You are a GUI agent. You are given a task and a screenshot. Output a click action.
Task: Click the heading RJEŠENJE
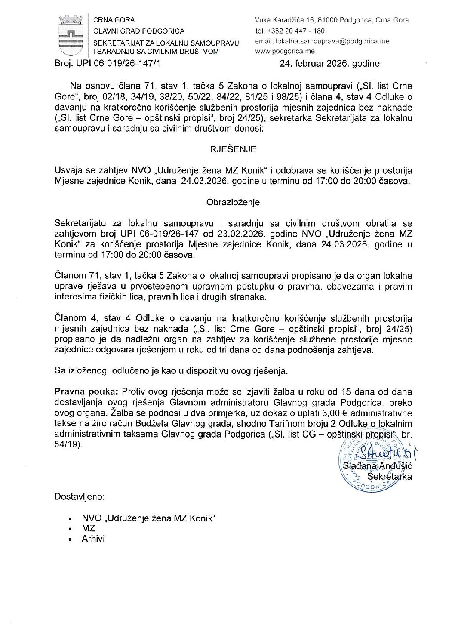[233, 149]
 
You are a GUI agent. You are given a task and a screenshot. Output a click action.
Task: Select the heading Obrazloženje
[233, 202]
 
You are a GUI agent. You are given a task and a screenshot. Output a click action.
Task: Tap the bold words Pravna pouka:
[86, 392]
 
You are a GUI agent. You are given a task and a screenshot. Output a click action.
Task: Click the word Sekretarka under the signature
[389, 477]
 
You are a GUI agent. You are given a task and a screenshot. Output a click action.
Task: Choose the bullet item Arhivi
[93, 539]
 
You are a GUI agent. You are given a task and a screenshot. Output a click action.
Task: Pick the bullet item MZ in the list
[88, 529]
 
